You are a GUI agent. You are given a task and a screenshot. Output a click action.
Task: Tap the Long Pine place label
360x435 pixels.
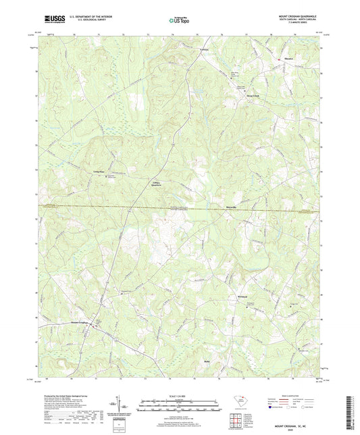click(x=99, y=172)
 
